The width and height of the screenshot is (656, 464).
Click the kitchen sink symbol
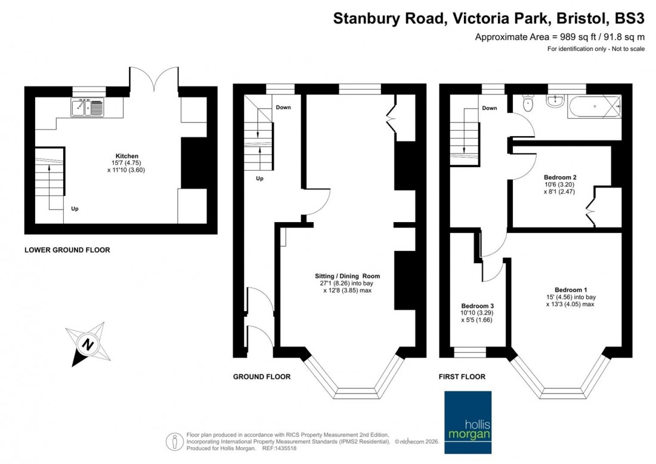87,108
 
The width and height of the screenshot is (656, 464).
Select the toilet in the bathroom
527,105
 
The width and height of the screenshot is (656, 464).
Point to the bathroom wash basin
555,102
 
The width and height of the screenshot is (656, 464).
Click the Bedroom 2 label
560,177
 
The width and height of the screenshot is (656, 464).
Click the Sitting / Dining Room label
348,276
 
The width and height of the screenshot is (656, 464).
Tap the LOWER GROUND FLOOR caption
67,250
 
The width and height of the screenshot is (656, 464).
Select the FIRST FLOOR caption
462,377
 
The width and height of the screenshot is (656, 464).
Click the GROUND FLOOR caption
262,377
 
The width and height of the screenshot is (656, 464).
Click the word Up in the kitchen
75,209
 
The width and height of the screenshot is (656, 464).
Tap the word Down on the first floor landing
489,108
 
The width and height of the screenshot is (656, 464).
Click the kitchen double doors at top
154,80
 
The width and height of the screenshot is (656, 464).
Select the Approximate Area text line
559,37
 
